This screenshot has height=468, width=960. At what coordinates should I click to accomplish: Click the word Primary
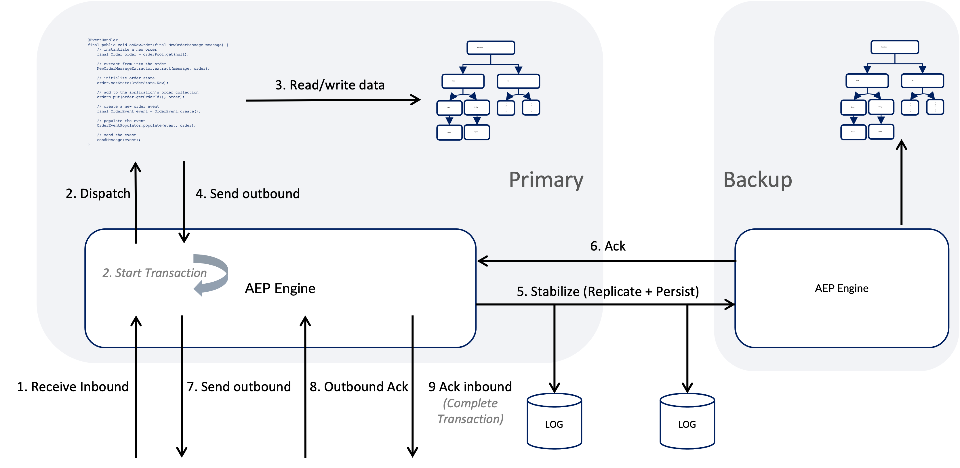pyautogui.click(x=546, y=180)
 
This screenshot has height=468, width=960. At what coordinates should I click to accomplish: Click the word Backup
pyautogui.click(x=757, y=180)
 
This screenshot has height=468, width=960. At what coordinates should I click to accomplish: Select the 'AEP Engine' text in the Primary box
pyautogui.click(x=280, y=289)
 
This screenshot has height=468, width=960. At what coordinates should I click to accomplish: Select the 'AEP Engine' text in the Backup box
pyautogui.click(x=841, y=289)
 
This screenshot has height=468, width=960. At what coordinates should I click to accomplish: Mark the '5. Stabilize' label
pyautogui.click(x=559, y=291)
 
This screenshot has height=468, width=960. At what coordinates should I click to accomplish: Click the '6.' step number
pyautogui.click(x=595, y=246)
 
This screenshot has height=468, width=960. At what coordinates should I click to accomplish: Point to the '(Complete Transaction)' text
pyautogui.click(x=470, y=411)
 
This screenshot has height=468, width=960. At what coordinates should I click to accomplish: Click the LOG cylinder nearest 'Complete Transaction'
pyautogui.click(x=554, y=421)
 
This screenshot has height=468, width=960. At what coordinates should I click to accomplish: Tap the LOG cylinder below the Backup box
pyautogui.click(x=687, y=421)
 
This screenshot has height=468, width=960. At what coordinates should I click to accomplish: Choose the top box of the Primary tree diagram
pyautogui.click(x=490, y=48)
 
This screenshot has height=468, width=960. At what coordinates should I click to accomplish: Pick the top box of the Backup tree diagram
pyautogui.click(x=894, y=47)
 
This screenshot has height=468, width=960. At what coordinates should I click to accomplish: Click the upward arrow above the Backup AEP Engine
pyautogui.click(x=902, y=183)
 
